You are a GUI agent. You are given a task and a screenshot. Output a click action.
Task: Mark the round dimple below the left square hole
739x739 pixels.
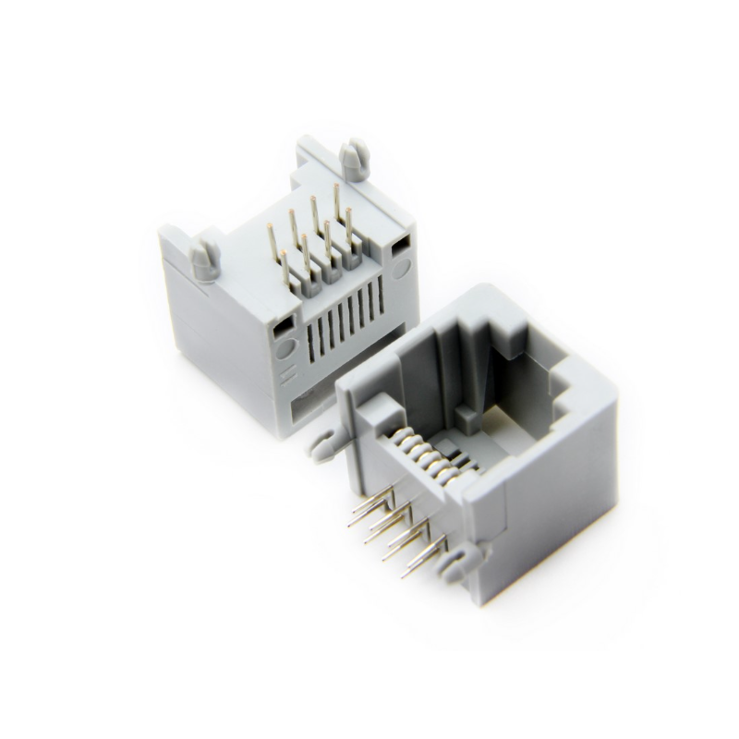coord(285,350)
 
